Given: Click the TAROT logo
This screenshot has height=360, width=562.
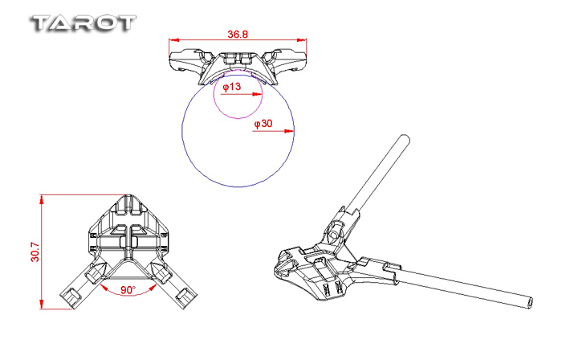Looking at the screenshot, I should point(82,22).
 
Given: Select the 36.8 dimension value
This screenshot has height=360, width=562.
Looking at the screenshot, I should point(238,35).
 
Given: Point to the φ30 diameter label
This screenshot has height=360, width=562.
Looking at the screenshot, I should point(263,124).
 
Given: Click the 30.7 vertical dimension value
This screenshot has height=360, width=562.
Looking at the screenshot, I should point(32,251).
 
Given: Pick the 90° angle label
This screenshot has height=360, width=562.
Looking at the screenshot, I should point(128,288).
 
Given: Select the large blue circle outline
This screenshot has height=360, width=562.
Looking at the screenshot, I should point(184,129).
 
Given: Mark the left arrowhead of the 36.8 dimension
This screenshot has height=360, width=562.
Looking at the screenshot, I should point(173,39).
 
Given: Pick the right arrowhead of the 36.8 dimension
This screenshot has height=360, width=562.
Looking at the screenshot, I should point(303,39).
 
